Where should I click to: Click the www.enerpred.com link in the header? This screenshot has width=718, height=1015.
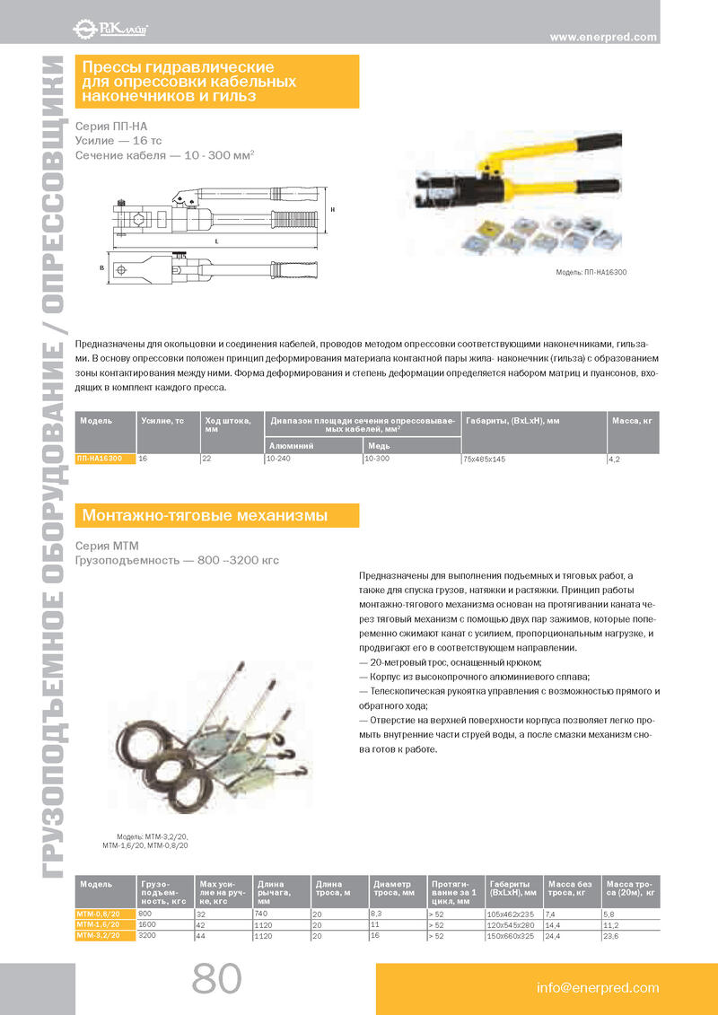(603, 37)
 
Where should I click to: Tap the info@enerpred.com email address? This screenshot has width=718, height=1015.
(598, 988)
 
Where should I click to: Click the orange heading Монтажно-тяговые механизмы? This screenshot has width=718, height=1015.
(206, 515)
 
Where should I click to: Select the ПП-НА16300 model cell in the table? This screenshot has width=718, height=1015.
(101, 458)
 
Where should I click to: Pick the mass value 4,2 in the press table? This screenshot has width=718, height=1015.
(615, 459)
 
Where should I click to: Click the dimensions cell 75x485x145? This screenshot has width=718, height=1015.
(484, 459)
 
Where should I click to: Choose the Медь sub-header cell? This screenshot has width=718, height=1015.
(378, 444)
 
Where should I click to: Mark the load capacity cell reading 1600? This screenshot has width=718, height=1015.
(148, 923)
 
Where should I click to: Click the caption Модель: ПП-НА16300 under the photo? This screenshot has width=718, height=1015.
(591, 271)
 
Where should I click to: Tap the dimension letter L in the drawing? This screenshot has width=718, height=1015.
(217, 241)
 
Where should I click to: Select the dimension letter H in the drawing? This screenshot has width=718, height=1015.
(333, 209)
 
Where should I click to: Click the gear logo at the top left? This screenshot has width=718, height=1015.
(82, 30)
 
